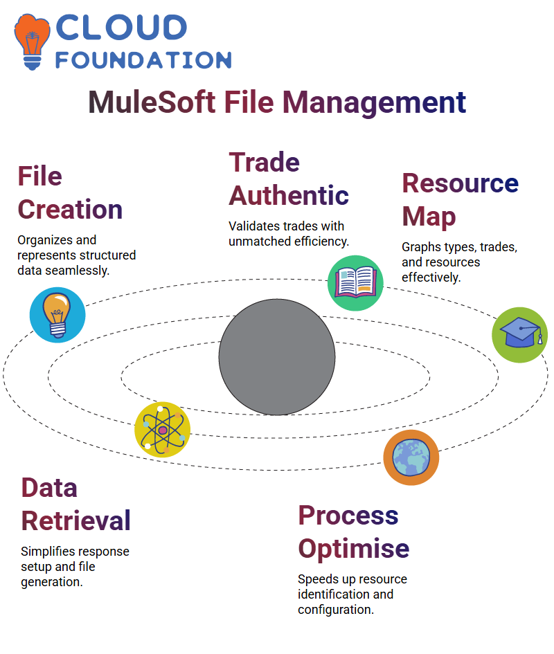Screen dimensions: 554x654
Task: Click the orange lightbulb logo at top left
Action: [x=32, y=42]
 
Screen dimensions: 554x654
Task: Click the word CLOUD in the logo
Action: [x=121, y=28]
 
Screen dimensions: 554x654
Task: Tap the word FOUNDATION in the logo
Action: [x=143, y=60]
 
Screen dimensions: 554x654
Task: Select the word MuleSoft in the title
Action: [x=152, y=102]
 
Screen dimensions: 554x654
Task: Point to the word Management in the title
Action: [x=374, y=103]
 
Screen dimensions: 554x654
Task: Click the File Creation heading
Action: [x=70, y=192]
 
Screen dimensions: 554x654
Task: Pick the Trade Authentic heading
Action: [x=289, y=179]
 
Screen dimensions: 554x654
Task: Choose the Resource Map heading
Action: [x=460, y=200]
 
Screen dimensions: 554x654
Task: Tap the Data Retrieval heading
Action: [x=76, y=505]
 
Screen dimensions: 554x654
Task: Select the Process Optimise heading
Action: [x=354, y=532]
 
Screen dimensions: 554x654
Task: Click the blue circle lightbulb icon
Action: [x=57, y=315]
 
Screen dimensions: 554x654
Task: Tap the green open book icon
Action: [x=355, y=283]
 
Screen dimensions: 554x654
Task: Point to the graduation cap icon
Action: [x=520, y=335]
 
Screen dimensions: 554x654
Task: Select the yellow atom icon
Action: [x=163, y=430]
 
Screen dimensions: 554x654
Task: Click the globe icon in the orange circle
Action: [x=411, y=457]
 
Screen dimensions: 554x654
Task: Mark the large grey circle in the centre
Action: [x=277, y=357]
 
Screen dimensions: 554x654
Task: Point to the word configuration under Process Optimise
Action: [x=336, y=610]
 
